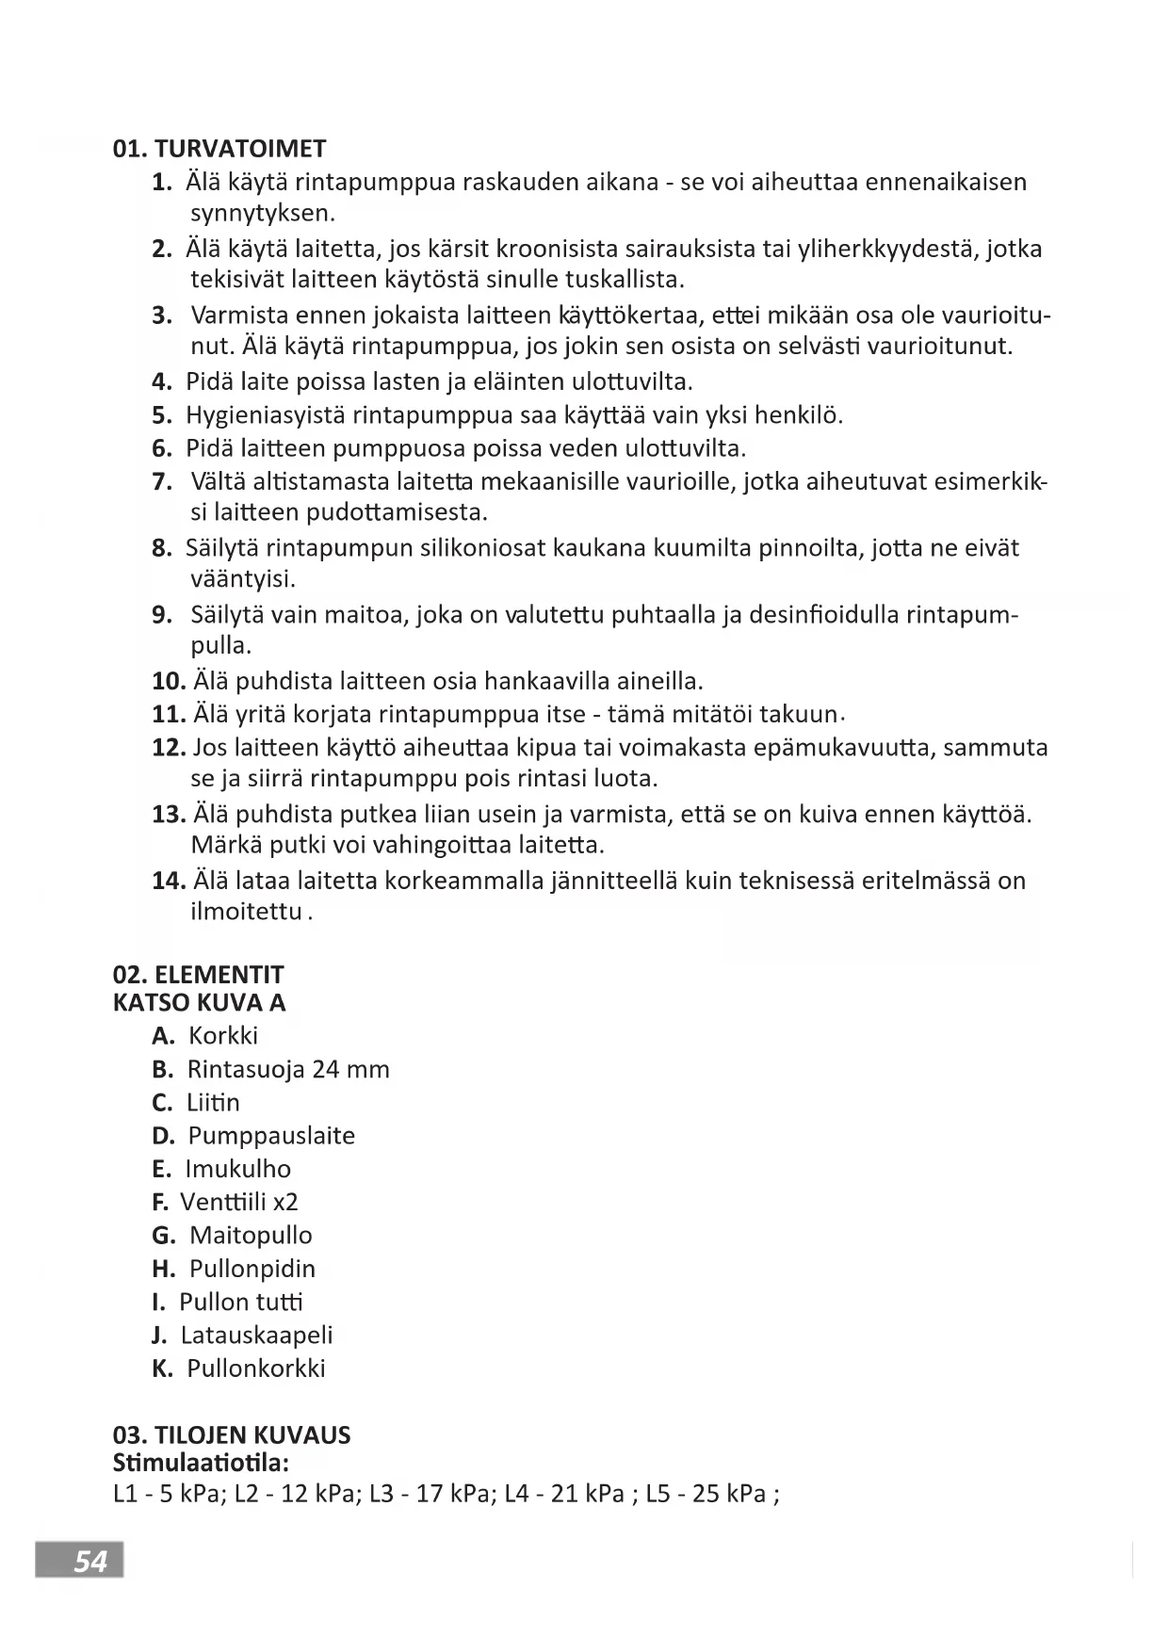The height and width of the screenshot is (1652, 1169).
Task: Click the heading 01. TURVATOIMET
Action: [219, 149]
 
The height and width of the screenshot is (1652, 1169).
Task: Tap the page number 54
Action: [90, 1562]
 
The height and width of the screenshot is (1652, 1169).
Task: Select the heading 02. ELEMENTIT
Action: [198, 975]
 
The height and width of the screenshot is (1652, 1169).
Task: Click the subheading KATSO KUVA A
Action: [199, 1002]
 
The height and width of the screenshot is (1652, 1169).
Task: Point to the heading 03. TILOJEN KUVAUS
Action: [231, 1435]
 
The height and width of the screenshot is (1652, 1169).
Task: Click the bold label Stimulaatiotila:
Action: [200, 1464]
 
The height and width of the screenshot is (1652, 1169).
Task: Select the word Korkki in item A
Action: [223, 1036]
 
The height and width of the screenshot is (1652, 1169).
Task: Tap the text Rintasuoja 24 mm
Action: [288, 1070]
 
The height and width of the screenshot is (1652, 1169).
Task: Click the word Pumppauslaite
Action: [271, 1136]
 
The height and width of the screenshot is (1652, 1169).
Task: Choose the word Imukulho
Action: [238, 1169]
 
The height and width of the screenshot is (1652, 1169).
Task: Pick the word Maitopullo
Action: [251, 1236]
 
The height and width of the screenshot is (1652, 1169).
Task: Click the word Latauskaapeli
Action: [256, 1336]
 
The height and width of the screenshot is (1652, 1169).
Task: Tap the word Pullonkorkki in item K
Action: [256, 1369]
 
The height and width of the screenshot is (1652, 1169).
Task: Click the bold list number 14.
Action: [168, 882]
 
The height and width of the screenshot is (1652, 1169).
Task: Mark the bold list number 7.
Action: [161, 482]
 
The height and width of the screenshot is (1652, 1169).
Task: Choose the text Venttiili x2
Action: [239, 1203]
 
